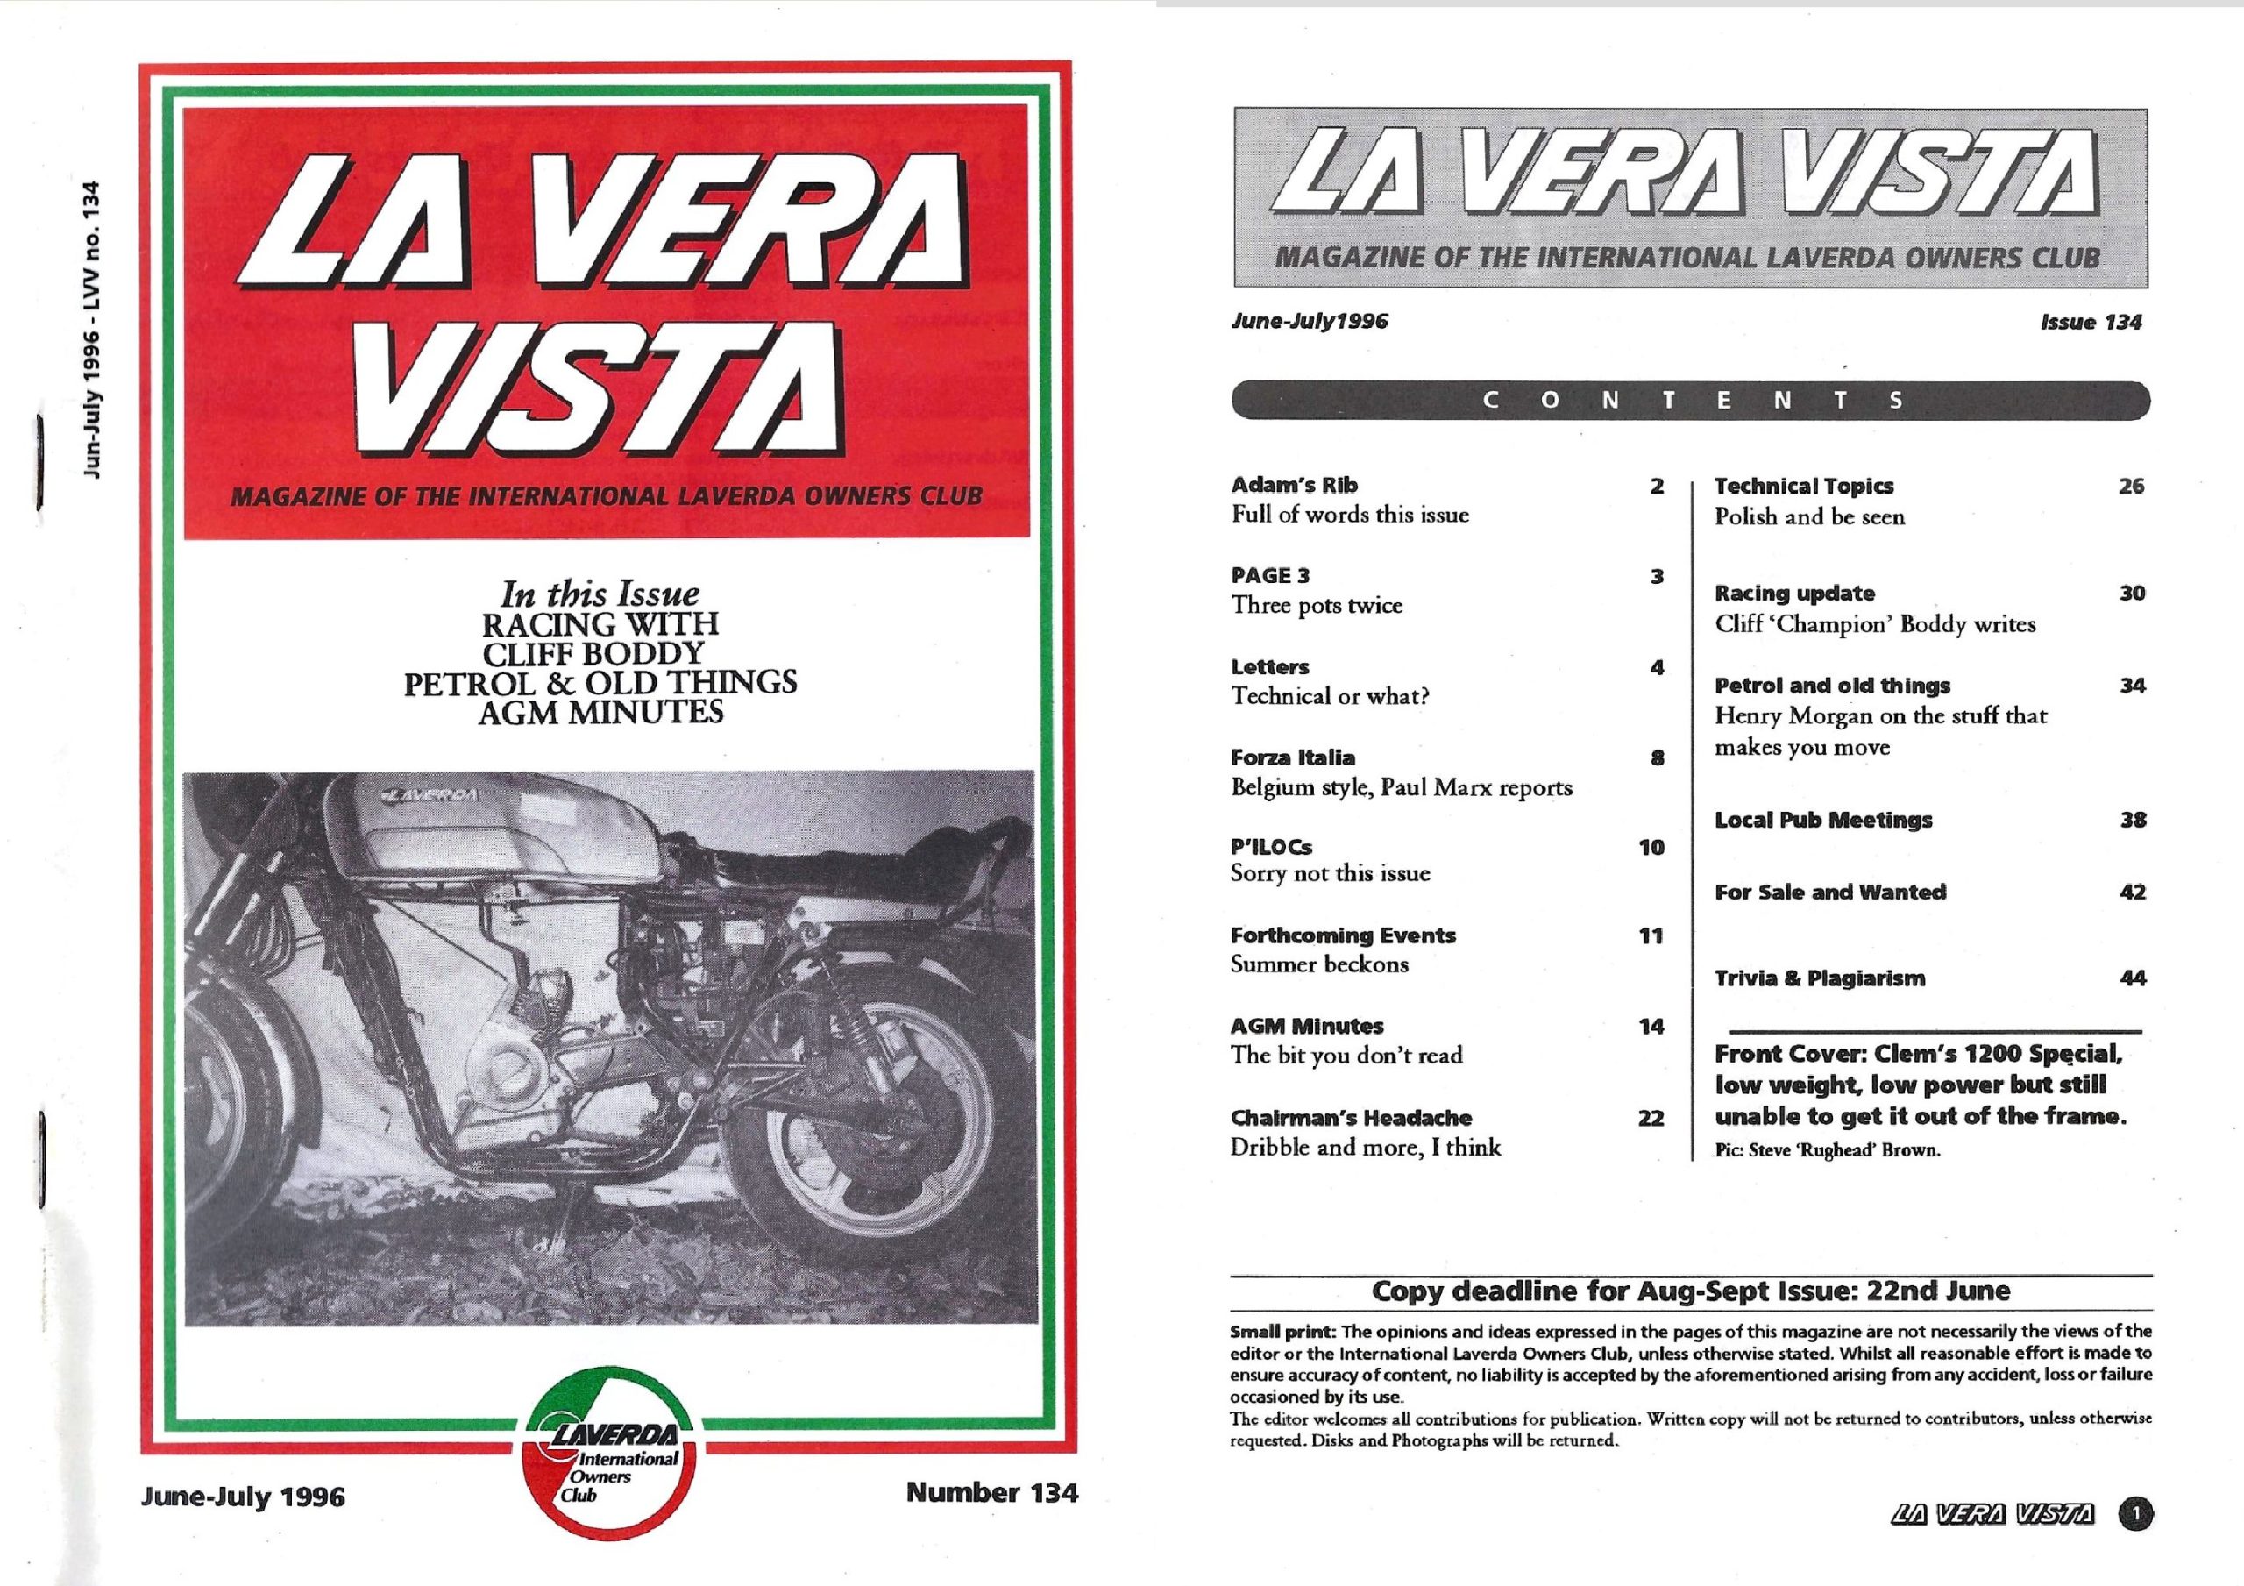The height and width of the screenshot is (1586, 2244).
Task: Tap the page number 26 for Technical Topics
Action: [2131, 486]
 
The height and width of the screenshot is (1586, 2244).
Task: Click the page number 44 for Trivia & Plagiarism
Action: [2133, 978]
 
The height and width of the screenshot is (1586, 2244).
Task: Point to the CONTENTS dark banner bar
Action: [1691, 400]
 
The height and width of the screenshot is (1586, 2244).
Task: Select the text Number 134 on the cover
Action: [991, 1492]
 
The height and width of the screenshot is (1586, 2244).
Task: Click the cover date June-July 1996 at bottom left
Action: [243, 1497]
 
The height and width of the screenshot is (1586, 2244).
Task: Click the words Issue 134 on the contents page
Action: [2091, 322]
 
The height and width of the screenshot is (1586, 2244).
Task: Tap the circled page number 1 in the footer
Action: [2134, 1542]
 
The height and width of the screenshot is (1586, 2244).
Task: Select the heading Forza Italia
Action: [1292, 757]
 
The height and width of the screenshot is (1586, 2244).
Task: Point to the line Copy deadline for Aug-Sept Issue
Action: [1691, 1291]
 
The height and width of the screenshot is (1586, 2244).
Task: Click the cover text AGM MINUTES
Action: [600, 712]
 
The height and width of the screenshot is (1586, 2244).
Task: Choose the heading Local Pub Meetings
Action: [1822, 821]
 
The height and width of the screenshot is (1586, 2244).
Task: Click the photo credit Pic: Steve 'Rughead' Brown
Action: [1827, 1151]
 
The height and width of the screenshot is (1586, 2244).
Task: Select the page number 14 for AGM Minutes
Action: [1651, 1027]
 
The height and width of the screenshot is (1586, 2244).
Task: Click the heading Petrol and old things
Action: [1831, 686]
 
